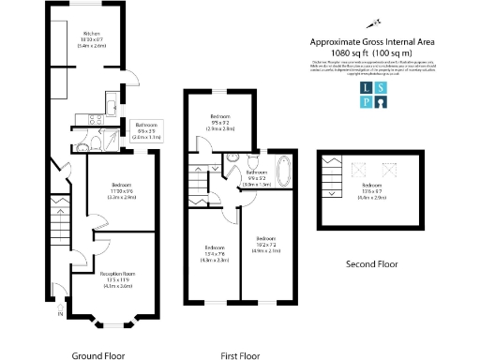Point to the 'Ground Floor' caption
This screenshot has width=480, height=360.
click(x=99, y=356)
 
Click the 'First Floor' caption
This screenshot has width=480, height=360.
click(x=240, y=356)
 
